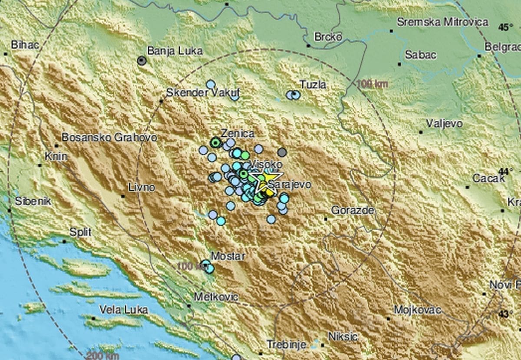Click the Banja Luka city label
click(x=175, y=51)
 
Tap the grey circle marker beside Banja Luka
click(x=141, y=61)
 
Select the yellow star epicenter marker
click(x=265, y=182)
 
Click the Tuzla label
click(x=313, y=85)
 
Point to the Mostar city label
click(x=228, y=256)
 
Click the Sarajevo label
click(x=290, y=185)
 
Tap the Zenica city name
click(x=237, y=134)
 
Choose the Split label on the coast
click(x=80, y=232)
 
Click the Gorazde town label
click(x=353, y=211)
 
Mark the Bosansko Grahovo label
click(x=109, y=138)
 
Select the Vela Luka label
click(x=123, y=310)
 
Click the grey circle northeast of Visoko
click(x=282, y=152)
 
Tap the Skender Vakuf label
click(x=203, y=92)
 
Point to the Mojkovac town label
click(x=417, y=310)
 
